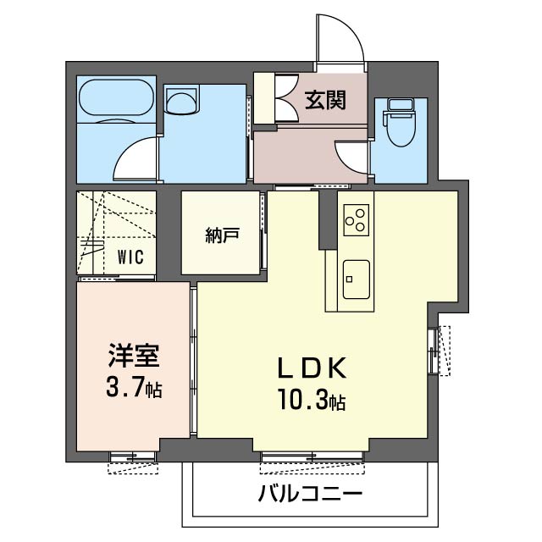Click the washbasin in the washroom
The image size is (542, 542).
180,103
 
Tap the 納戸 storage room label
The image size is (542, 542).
221,236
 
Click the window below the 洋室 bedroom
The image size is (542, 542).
134,457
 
